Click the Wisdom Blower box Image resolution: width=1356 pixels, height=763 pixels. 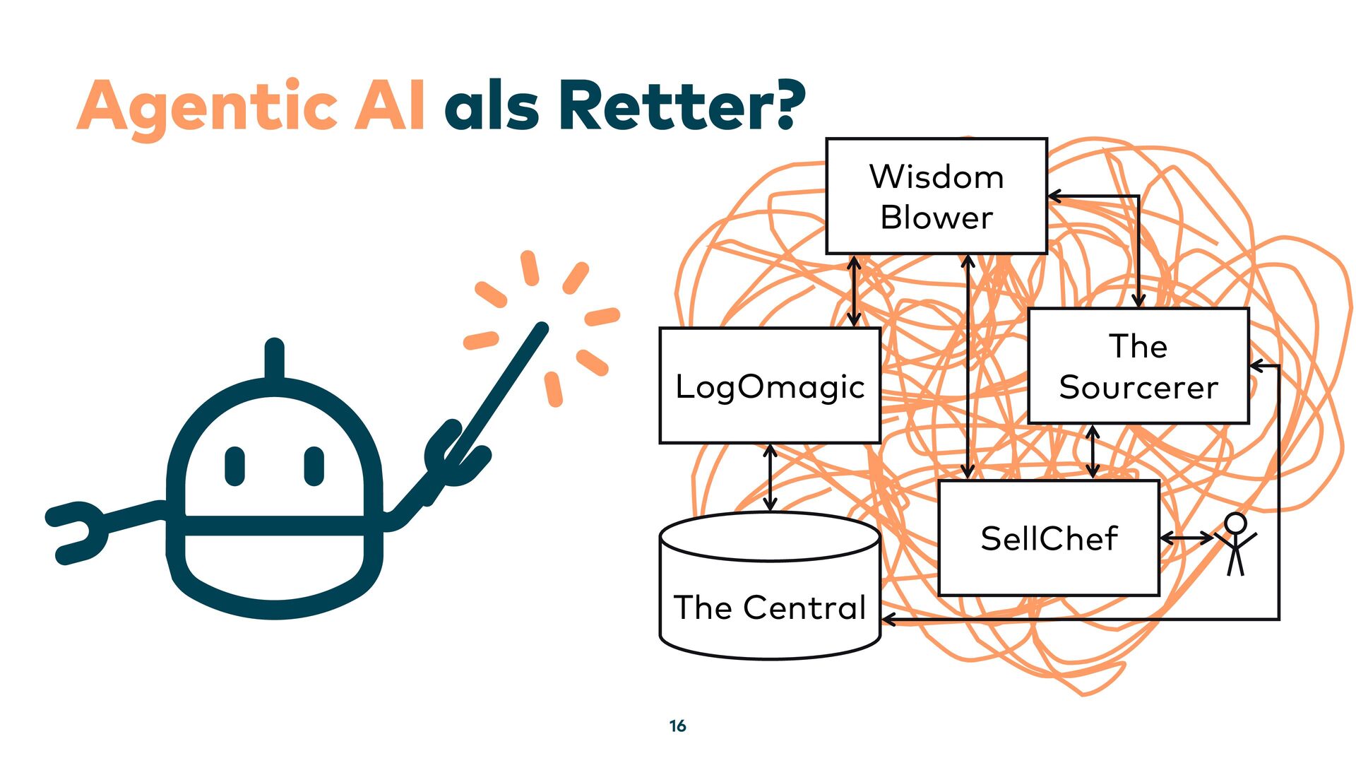pyautogui.click(x=936, y=196)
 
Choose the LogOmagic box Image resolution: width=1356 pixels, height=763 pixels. pyautogui.click(x=769, y=386)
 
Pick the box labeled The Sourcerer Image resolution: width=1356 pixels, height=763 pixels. pyautogui.click(x=1138, y=366)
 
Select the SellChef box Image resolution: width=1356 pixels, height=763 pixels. pyautogui.click(x=1048, y=538)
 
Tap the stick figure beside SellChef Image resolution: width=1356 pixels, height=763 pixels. pyautogui.click(x=1235, y=544)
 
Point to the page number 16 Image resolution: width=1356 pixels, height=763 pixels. pyautogui.click(x=677, y=726)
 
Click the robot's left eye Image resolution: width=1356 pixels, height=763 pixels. pyautogui.click(x=234, y=466)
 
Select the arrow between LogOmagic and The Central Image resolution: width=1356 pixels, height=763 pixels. pyautogui.click(x=770, y=478)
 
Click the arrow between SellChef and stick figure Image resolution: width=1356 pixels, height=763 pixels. pyautogui.click(x=1186, y=539)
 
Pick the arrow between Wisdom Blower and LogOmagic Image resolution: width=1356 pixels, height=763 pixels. pyautogui.click(x=854, y=290)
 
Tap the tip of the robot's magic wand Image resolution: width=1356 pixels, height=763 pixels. pyautogui.click(x=540, y=329)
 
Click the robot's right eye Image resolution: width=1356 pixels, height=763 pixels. pyautogui.click(x=314, y=466)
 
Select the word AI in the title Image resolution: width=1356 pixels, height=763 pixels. pyautogui.click(x=390, y=107)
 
